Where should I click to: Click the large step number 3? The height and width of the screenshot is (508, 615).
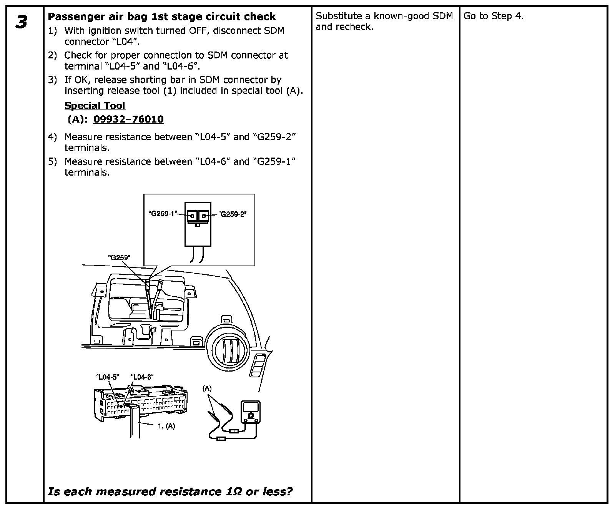pos(22,22)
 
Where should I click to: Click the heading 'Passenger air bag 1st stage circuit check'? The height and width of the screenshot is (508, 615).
pos(161,17)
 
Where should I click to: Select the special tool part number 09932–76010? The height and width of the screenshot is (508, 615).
pos(128,119)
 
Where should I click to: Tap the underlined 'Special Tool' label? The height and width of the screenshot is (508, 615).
pos(95,106)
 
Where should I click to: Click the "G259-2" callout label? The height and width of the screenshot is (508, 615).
pos(233,214)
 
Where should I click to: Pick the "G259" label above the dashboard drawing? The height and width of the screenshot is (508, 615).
pos(119,257)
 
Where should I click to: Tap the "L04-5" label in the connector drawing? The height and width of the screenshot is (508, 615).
pos(107,377)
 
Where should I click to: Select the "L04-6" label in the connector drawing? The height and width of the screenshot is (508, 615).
pos(142,377)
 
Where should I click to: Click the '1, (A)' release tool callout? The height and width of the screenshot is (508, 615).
pos(166,426)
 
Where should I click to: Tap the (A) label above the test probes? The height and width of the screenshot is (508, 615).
pos(207,388)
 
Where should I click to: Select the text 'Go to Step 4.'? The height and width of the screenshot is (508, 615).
pos(494,16)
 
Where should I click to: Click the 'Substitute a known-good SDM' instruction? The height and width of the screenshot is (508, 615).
pos(384,16)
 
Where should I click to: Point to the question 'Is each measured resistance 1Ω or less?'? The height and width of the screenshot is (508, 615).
pos(170,491)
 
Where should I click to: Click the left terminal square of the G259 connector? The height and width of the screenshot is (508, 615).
pos(192,216)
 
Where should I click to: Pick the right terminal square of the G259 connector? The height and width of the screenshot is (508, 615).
pos(204,216)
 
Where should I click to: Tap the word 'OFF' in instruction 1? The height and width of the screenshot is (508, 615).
pos(199,31)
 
